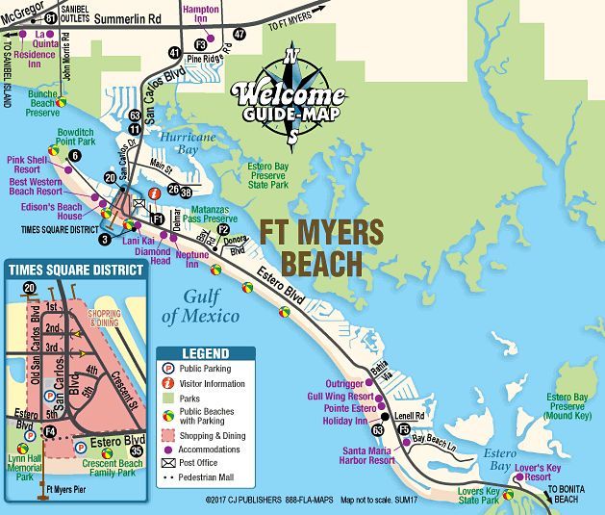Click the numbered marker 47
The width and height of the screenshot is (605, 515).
click(x=239, y=34)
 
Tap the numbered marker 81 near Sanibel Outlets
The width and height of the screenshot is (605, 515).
click(x=51, y=17)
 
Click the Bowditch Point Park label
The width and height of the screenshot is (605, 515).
click(x=75, y=135)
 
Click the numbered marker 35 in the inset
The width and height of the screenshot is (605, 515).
click(x=137, y=450)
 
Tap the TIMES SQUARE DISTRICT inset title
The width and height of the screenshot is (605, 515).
click(x=75, y=270)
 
